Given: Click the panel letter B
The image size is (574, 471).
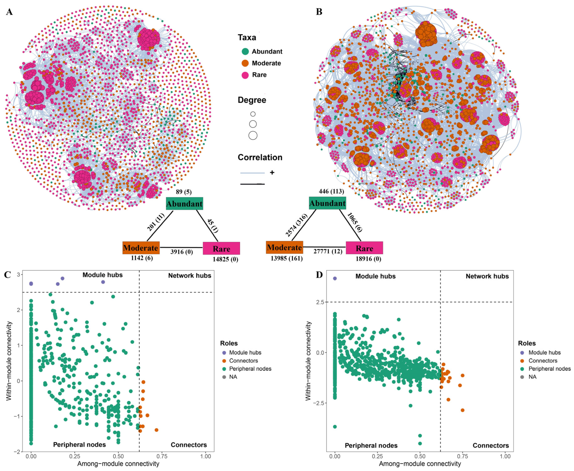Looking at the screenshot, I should pos(319,12).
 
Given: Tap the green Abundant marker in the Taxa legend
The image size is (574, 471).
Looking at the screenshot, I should pos(245,52).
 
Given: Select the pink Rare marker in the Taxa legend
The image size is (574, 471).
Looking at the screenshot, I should pos(245,75).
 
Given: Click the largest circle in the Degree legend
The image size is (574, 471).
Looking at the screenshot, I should pos(253,135).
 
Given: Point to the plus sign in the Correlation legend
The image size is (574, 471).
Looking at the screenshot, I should pos(272,172).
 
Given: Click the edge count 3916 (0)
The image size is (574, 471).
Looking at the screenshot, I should pos(181,252).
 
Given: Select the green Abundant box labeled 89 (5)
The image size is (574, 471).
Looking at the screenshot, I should pos(185,203).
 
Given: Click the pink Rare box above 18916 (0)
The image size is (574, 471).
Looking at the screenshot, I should pos(364,248).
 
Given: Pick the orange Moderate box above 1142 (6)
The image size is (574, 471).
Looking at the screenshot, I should pos(141,248).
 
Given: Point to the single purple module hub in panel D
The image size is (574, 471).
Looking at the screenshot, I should pos(335,278).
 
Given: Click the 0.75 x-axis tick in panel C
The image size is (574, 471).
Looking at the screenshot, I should pos(162,456).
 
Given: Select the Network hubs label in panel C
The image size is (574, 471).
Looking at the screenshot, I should pos(190,276).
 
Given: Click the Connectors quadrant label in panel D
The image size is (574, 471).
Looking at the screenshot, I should pos(490,445).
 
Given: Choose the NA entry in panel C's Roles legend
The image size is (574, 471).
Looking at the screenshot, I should pos(233,377).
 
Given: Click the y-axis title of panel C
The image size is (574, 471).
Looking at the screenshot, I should pos(9,361).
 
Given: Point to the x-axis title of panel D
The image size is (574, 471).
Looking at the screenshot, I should pos(420,464).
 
